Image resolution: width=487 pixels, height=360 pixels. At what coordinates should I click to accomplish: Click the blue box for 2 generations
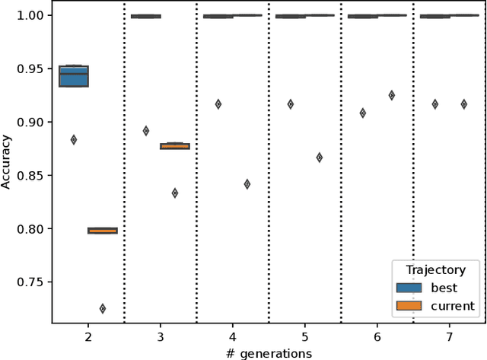click(74, 76)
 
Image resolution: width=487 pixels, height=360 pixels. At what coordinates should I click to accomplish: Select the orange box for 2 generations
click(103, 230)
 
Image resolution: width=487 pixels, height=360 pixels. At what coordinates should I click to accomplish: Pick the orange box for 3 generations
click(175, 146)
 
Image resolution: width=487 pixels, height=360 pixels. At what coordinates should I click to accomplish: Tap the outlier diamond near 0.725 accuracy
click(103, 308)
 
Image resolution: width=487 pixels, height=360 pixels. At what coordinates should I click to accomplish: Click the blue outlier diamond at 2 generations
click(74, 139)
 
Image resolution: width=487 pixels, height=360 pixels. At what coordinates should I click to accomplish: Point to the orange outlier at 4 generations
click(247, 184)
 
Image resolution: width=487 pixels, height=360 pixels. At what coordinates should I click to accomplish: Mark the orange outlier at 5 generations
click(320, 158)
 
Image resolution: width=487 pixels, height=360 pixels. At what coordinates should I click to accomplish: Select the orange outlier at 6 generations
click(392, 95)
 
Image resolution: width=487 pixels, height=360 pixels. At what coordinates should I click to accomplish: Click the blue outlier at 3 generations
click(146, 131)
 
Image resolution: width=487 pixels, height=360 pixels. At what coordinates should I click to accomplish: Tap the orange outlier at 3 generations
click(175, 193)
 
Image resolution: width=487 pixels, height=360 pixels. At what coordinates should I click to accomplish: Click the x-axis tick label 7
click(450, 336)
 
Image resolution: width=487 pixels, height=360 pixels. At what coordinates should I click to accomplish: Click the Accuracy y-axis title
click(7, 162)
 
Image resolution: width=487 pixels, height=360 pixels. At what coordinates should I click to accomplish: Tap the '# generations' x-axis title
click(269, 352)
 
